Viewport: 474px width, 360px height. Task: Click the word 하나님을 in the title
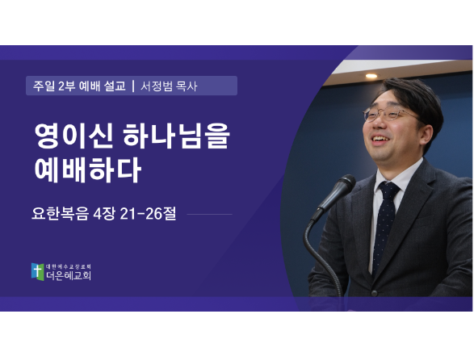click(177, 136)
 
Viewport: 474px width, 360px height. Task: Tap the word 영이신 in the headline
click(73, 136)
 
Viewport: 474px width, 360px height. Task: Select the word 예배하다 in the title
click(88, 170)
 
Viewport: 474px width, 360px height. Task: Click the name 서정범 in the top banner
click(157, 86)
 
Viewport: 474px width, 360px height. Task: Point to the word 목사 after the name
click(187, 86)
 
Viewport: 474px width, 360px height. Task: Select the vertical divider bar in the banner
click(133, 86)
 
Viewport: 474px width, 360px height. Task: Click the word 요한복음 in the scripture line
click(61, 213)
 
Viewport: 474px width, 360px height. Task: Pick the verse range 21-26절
click(148, 213)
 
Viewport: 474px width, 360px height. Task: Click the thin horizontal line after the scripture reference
click(209, 215)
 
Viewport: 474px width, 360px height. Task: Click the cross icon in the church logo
click(37, 271)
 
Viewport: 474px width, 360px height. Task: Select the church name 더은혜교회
click(69, 275)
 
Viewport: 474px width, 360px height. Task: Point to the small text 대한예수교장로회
click(69, 266)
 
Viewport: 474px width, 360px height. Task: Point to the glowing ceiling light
click(371, 76)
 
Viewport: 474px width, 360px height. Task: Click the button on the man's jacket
click(374, 293)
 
